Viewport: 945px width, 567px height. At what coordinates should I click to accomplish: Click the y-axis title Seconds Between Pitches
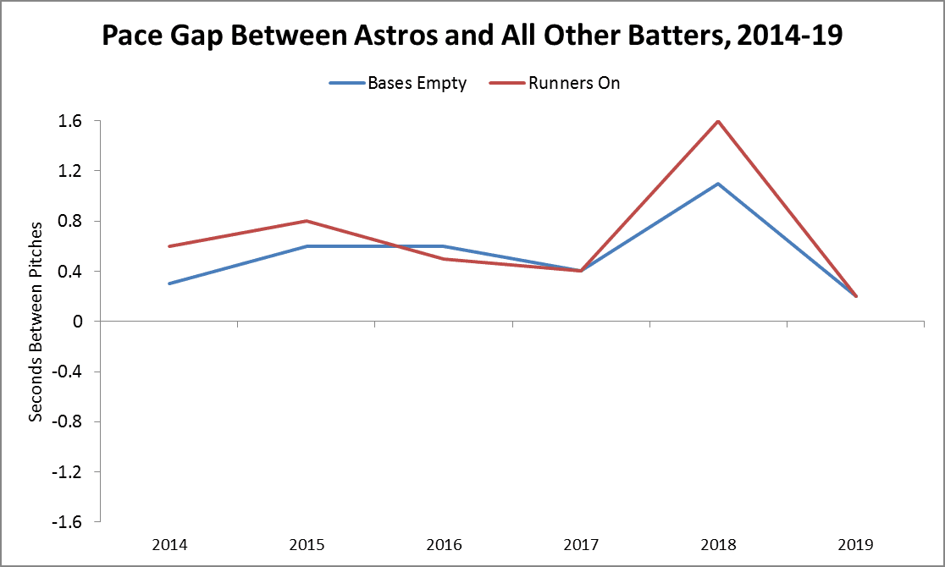pos(36,322)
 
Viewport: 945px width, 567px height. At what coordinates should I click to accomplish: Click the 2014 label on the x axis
pos(169,544)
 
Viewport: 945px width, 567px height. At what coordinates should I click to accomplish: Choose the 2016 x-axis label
pos(444,544)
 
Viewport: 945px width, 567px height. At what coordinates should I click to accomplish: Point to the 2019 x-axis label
pos(855,544)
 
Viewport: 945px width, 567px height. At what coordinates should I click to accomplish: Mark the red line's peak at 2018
pos(718,121)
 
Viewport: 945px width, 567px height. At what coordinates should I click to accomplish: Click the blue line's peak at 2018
pos(718,184)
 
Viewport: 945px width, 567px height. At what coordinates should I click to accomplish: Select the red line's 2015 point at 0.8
pos(307,221)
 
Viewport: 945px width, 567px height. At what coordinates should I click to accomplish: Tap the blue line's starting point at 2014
pos(169,283)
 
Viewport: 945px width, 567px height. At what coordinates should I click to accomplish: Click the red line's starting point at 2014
pos(169,246)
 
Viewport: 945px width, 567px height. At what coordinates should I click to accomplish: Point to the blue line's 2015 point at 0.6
pos(307,246)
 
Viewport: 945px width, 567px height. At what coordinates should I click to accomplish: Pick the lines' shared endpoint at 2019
pos(855,296)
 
